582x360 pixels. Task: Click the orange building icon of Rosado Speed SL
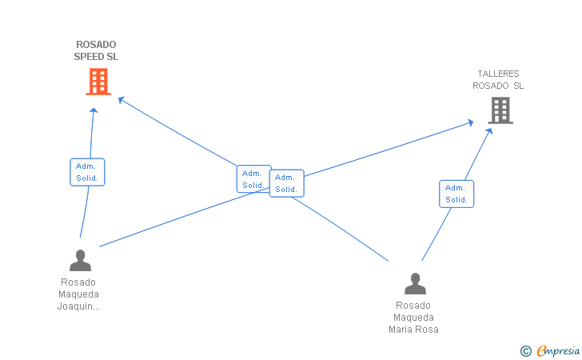[x=98, y=82]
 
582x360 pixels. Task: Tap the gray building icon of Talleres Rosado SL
[x=500, y=110]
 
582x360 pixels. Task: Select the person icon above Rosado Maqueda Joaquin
[x=80, y=260]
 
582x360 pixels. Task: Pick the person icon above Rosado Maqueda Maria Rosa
[x=416, y=283]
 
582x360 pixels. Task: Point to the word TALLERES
[x=498, y=74]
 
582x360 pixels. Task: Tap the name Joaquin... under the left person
[x=78, y=306]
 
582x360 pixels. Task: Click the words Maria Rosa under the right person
[x=413, y=329]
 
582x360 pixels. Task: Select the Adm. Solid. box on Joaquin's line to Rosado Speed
[x=87, y=172]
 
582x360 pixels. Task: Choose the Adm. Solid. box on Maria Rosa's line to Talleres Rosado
[x=456, y=194]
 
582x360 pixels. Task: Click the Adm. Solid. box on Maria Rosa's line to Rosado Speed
[x=254, y=178]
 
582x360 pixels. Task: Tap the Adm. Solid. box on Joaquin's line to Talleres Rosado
[x=286, y=183]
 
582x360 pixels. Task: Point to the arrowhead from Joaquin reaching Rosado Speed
[x=94, y=110]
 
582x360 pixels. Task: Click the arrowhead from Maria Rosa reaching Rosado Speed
[x=121, y=100]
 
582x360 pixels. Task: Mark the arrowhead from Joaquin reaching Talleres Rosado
[x=470, y=122]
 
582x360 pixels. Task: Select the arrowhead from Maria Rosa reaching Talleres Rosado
[x=489, y=130]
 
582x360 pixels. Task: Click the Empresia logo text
[x=558, y=350]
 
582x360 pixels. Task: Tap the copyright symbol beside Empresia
[x=526, y=351]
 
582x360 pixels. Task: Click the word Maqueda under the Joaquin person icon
[x=78, y=294]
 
